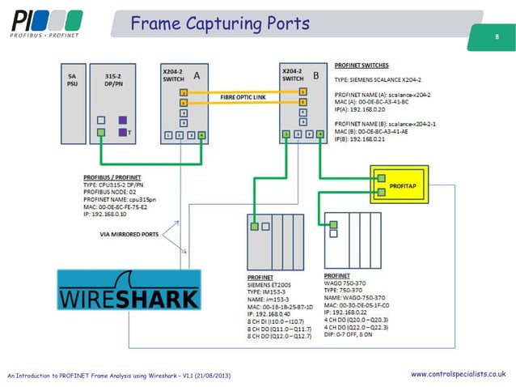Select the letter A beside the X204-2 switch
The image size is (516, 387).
tap(196, 76)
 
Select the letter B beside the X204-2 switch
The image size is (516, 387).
tap(315, 76)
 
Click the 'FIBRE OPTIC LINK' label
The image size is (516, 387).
tap(243, 97)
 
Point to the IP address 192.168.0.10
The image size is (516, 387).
tap(109, 215)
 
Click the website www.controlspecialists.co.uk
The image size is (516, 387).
tap(459, 373)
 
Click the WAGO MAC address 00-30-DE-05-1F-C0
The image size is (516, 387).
tap(360, 304)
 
